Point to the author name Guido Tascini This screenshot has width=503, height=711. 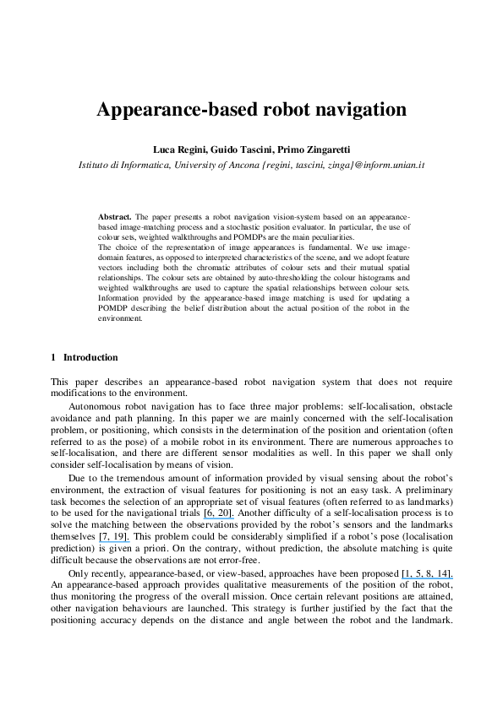pos(249,149)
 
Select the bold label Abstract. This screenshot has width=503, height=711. pos(115,216)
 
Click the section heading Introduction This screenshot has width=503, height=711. pos(90,357)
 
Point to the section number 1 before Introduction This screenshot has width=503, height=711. pos(53,357)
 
